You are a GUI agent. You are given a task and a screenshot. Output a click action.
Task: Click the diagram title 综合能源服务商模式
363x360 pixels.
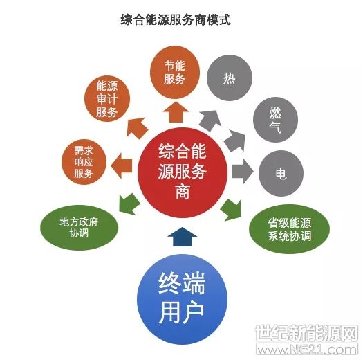176,19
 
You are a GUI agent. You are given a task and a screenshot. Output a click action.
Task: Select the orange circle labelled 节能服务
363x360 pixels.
175,72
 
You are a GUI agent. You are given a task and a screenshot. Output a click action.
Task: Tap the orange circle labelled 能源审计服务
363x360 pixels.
107,99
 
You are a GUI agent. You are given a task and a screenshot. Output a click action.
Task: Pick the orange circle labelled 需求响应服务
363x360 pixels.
84,162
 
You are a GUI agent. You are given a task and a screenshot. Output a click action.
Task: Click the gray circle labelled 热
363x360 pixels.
229,78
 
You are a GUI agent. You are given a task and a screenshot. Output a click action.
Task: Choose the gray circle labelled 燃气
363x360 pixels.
275,120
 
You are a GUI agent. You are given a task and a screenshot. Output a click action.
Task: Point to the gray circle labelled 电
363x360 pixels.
281,173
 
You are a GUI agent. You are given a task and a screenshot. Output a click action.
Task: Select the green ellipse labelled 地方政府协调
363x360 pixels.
80,227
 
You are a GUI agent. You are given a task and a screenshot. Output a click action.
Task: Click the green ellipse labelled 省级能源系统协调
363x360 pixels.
289,229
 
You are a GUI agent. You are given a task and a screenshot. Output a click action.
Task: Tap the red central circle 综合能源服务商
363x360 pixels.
183,172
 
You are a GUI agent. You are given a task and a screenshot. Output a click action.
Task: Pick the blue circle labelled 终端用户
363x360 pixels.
183,299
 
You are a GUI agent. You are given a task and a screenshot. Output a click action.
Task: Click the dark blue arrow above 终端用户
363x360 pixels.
183,237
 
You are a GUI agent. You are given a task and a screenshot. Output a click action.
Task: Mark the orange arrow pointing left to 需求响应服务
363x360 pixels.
122,165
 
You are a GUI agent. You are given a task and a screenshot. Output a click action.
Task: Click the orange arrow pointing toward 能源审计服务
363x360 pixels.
137,128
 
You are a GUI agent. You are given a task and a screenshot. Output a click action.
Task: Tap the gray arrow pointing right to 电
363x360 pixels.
243,171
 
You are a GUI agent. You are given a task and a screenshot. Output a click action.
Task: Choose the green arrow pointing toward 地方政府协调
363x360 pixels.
129,204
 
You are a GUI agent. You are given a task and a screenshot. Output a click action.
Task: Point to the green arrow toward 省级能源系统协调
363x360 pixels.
231,210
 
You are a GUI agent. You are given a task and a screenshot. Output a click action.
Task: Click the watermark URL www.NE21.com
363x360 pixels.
307,350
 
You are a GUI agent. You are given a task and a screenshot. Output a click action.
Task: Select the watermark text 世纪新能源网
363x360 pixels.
307,333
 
